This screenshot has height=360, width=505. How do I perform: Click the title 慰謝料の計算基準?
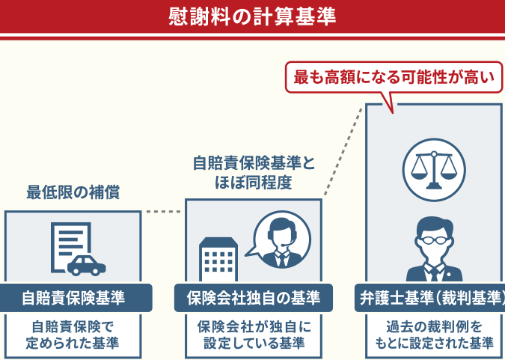(x=252, y=16)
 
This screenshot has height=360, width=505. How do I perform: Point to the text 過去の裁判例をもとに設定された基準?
(x=434, y=335)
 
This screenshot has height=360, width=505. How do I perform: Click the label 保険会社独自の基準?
(x=253, y=298)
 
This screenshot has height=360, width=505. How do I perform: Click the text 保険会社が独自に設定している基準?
(x=254, y=335)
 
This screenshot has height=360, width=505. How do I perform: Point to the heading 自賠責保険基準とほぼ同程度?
(x=254, y=171)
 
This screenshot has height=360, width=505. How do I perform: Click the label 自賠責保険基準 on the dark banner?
(x=73, y=298)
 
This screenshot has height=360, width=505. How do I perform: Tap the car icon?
(x=87, y=264)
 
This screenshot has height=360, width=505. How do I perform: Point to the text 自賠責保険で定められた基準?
(x=73, y=335)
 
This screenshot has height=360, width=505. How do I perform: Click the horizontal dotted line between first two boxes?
(x=163, y=212)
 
